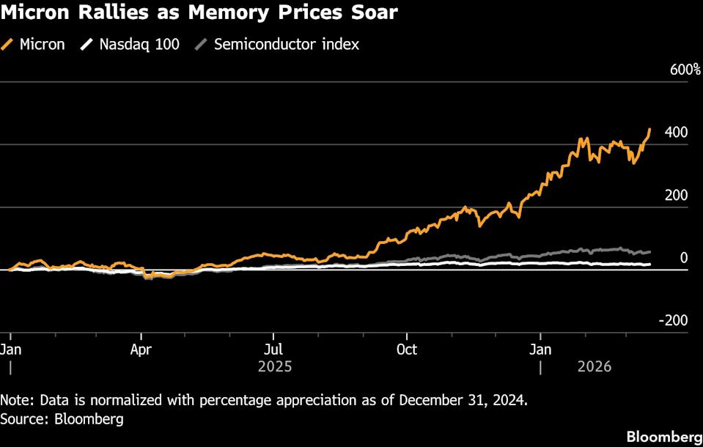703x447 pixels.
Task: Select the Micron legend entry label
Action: click(42, 44)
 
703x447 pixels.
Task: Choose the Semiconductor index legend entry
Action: click(286, 44)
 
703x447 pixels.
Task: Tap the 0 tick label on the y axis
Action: click(683, 258)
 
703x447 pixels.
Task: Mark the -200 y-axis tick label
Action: click(671, 320)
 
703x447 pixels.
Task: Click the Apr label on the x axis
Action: click(141, 349)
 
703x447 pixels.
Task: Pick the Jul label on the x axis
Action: click(273, 349)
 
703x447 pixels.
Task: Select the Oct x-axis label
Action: click(407, 349)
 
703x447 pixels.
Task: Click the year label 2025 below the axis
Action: click(275, 366)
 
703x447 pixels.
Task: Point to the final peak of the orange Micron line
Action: click(649, 130)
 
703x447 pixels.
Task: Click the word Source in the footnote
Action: click(21, 419)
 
